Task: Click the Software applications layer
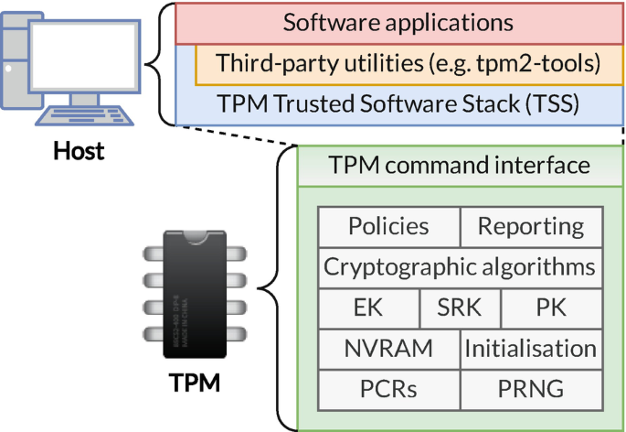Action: [x=398, y=23]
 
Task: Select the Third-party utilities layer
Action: [x=408, y=63]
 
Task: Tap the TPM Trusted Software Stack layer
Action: [x=398, y=103]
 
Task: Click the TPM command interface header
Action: [x=460, y=166]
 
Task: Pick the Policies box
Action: [x=388, y=226]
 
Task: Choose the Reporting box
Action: [x=531, y=226]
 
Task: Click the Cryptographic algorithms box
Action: [x=460, y=267]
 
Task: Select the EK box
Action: [x=368, y=308]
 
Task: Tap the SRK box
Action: [x=460, y=308]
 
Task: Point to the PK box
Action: [x=552, y=308]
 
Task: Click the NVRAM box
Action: [x=388, y=349]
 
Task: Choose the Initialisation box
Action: [x=531, y=349]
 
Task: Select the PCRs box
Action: [x=388, y=389]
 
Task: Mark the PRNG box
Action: [x=531, y=389]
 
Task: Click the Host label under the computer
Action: [x=79, y=149]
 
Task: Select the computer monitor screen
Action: [x=84, y=56]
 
